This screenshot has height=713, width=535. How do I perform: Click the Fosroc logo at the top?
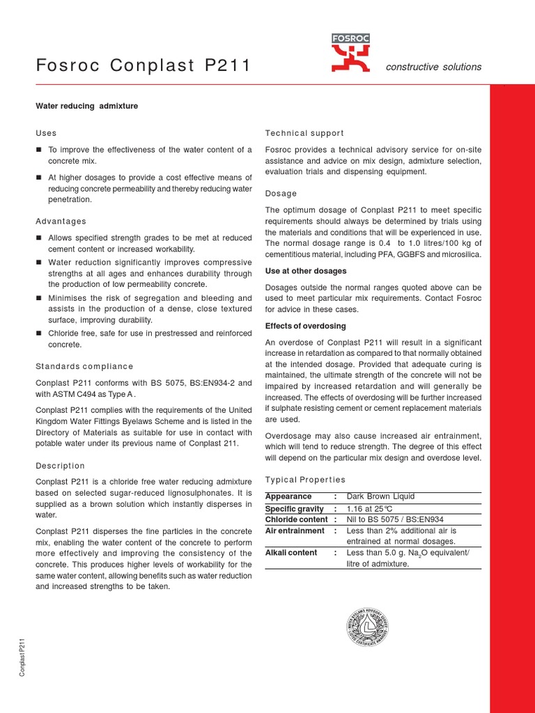[351, 54]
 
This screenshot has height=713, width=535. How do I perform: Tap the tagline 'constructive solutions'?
[433, 67]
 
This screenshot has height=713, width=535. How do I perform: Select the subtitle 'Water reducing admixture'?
[87, 106]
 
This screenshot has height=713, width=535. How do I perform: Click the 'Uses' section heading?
[46, 133]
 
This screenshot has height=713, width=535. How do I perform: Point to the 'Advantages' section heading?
[61, 221]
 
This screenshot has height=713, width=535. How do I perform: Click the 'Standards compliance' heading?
[84, 366]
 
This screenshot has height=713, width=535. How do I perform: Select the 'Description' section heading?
[60, 466]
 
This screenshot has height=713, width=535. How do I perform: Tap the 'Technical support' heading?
[304, 133]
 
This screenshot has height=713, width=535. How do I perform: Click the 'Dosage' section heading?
[281, 194]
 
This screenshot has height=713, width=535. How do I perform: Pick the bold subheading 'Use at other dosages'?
[306, 271]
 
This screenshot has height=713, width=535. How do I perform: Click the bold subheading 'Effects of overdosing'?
[305, 326]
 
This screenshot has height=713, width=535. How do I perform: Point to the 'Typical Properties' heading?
[305, 480]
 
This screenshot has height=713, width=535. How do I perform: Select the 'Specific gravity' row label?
[295, 509]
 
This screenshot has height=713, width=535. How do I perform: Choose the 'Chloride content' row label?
[296, 519]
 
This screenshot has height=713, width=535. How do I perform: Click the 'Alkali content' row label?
[291, 553]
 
